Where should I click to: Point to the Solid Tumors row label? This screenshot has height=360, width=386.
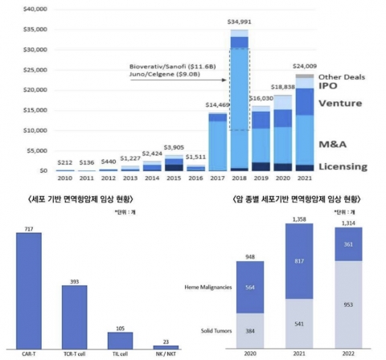[x=211, y=331]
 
